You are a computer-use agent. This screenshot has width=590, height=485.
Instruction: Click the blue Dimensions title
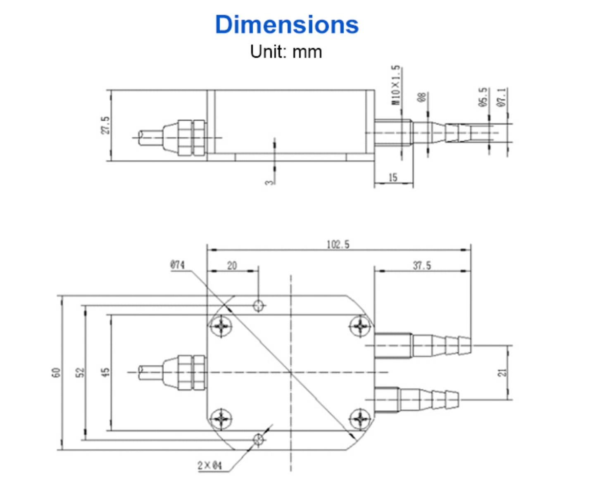[x=287, y=25]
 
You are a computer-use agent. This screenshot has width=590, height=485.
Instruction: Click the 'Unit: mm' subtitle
[x=286, y=52]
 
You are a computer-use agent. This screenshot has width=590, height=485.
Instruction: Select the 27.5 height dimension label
[x=105, y=125]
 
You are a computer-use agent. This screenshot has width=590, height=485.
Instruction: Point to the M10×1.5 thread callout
[x=396, y=85]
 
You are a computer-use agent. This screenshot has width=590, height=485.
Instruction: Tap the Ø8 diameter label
[x=421, y=98]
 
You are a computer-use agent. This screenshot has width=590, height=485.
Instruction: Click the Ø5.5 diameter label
[x=483, y=97]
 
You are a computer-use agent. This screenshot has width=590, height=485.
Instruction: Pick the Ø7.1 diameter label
[x=501, y=97]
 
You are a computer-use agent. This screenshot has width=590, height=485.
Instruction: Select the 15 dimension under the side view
[x=393, y=178]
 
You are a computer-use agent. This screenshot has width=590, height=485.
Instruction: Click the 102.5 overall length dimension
[x=338, y=245]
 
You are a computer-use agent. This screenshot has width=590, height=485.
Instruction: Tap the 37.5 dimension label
[x=422, y=266]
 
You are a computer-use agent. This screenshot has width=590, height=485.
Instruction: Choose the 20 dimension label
[x=232, y=266]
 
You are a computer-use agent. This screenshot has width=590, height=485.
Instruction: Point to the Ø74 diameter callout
[x=178, y=265]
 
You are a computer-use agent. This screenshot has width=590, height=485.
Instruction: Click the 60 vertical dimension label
[x=56, y=373]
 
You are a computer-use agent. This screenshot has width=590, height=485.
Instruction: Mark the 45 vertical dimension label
[x=106, y=373]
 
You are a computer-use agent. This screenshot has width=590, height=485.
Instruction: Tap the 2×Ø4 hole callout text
[x=209, y=466]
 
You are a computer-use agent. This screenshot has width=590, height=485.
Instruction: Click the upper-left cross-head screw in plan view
[x=221, y=326]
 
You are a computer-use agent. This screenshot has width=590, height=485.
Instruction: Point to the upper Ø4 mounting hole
[x=258, y=306]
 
